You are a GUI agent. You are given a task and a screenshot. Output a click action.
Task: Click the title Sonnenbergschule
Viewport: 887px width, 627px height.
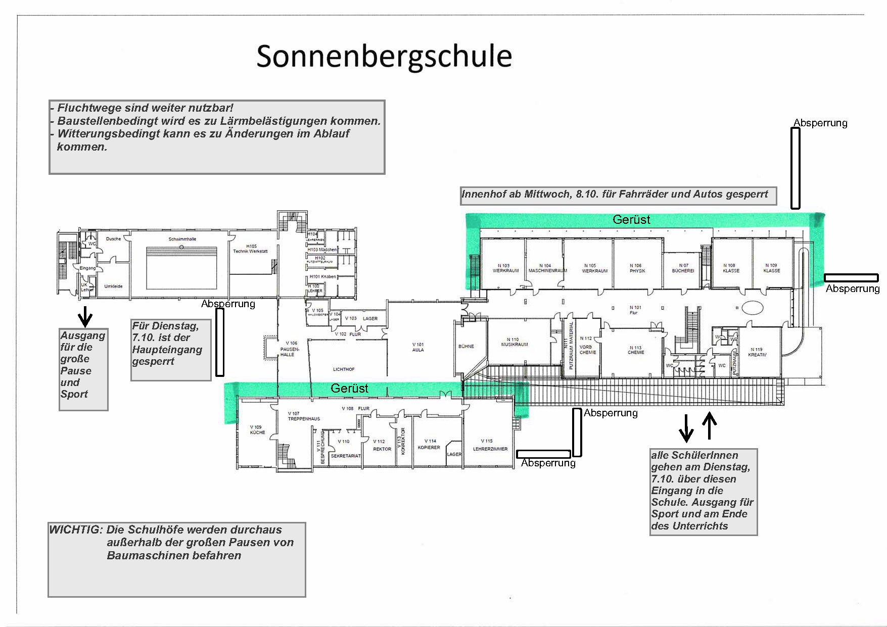(384, 56)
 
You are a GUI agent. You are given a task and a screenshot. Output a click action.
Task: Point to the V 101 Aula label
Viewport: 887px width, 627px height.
(418, 347)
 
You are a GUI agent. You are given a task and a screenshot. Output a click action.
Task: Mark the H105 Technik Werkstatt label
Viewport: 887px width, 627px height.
(250, 249)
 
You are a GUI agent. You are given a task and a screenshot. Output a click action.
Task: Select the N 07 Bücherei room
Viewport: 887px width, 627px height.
(683, 268)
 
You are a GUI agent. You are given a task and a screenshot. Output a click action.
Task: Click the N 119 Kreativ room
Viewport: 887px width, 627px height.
(757, 353)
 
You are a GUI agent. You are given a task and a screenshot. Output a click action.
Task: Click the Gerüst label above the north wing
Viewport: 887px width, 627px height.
(631, 220)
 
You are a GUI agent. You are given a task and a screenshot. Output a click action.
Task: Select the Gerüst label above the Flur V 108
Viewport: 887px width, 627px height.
(349, 389)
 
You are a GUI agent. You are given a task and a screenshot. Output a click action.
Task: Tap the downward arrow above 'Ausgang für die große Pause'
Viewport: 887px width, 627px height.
(85, 316)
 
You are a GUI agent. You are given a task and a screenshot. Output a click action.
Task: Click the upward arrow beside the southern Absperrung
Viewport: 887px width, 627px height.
(710, 425)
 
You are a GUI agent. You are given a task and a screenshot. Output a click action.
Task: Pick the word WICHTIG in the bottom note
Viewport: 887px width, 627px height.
(76, 530)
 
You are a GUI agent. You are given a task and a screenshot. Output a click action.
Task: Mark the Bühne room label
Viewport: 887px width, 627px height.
(466, 347)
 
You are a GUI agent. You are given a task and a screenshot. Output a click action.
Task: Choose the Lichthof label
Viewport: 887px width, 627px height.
(344, 369)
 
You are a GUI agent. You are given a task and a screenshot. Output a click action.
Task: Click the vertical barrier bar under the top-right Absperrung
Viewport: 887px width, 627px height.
(795, 168)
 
